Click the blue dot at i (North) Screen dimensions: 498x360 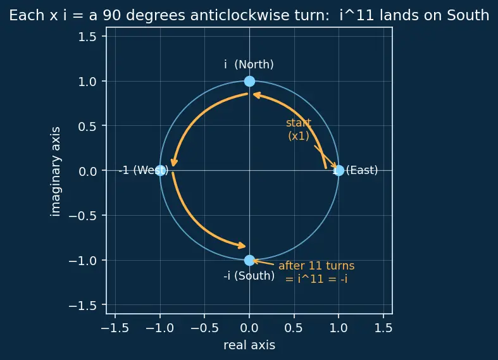pos(249,81)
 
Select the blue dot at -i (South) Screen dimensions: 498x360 pos(249,260)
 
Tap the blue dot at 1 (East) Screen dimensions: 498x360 pos(339,170)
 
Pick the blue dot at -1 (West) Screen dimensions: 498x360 pos(160,170)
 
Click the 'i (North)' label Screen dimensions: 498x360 pos(249,65)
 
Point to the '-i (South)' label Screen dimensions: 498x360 pos(249,276)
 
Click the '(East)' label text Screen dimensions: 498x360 pos(362,170)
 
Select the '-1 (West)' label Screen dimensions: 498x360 pos(144,170)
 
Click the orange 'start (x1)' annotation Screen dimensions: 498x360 pos(299,129)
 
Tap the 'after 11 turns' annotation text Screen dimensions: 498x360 pos(316,266)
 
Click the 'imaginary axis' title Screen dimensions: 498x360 pos(55,171)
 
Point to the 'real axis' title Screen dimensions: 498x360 pos(249,345)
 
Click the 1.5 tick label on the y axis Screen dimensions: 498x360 pos(87,37)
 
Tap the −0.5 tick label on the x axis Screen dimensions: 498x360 pos(204,328)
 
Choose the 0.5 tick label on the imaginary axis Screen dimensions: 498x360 pos(87,127)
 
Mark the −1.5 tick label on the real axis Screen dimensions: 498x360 pos(115,328)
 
